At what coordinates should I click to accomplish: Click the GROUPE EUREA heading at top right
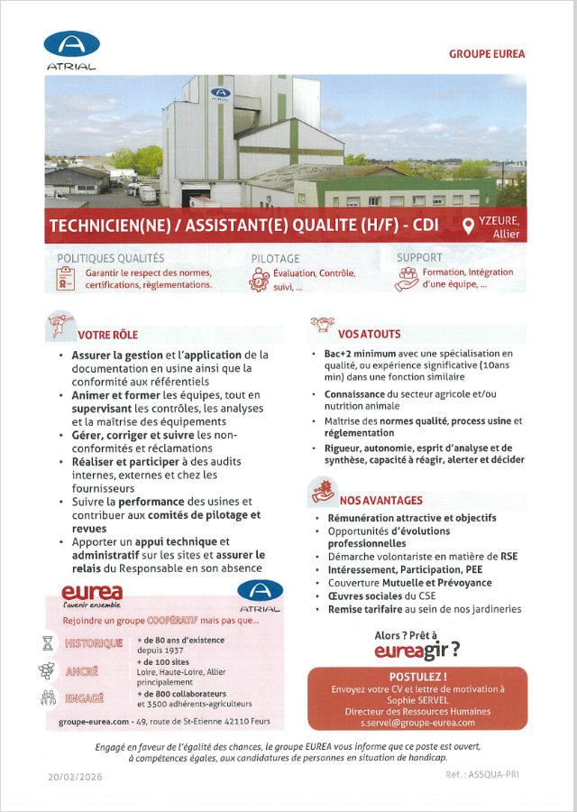point(487,54)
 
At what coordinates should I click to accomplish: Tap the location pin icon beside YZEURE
point(469,226)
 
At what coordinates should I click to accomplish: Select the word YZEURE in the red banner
point(504,221)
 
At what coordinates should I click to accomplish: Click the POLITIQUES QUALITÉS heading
point(111,259)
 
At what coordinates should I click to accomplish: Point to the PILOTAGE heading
point(276,259)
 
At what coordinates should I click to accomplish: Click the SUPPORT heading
point(419,258)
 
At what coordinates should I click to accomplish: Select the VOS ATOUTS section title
point(370,334)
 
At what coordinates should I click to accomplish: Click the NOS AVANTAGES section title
point(380,500)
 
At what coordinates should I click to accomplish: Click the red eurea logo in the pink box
point(92,592)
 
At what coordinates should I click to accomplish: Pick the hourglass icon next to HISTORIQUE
point(48,643)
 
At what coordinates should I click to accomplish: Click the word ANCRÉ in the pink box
point(82,671)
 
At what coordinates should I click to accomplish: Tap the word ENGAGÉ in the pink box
point(85,697)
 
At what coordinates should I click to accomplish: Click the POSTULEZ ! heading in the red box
point(417,677)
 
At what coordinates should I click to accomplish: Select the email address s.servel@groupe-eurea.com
point(417,723)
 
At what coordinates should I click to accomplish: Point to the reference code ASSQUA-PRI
point(495,775)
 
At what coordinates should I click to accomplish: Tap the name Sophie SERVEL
point(417,700)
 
